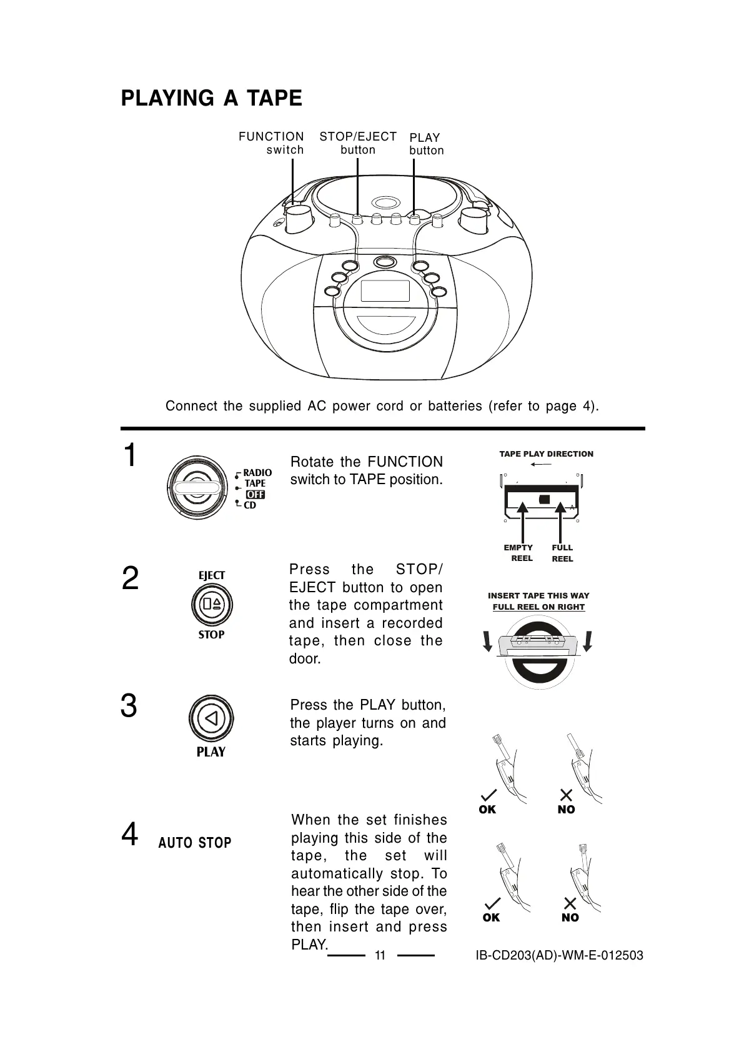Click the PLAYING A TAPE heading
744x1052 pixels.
coord(211,99)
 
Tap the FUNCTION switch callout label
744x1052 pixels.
coord(271,143)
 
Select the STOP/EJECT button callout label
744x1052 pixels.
coord(358,143)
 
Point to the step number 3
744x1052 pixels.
coord(129,706)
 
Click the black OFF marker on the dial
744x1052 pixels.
coord(255,495)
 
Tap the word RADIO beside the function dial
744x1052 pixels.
coord(257,472)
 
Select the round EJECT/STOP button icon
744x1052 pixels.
coord(212,604)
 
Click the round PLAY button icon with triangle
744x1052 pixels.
coord(211,718)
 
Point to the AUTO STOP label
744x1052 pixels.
coord(195,843)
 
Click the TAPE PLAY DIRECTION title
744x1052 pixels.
coord(546,454)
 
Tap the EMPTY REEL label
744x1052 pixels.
coord(518,553)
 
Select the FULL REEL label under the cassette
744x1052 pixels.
coord(562,553)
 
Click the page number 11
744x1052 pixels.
coord(380,955)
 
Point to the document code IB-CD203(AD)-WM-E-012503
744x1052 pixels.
coord(559,955)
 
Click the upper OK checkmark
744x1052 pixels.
coord(489,795)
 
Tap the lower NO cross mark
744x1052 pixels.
coord(570,903)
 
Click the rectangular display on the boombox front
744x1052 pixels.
coord(385,291)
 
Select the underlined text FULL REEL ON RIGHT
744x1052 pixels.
coord(538,607)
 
